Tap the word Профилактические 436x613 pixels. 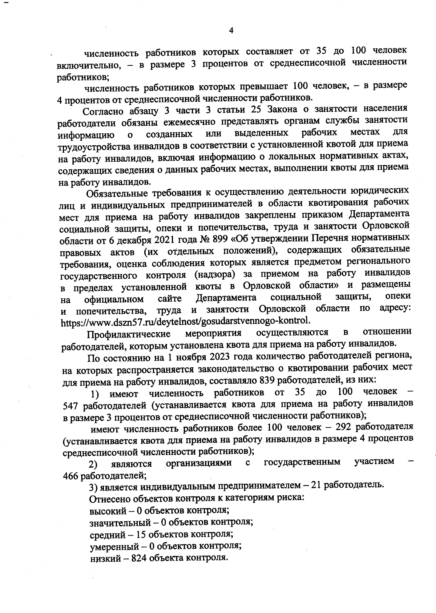coord(130,334)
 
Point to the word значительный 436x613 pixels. coord(118,523)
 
